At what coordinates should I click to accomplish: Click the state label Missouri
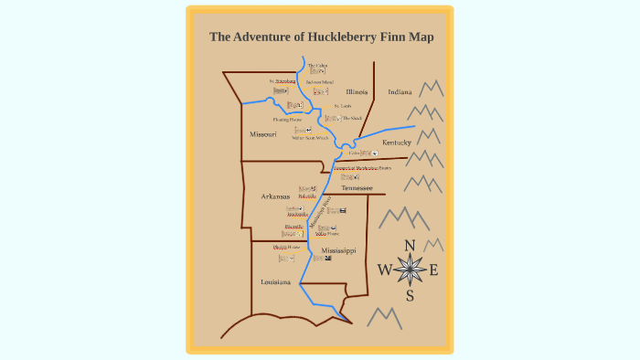click(262, 134)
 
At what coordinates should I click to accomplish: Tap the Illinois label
click(357, 92)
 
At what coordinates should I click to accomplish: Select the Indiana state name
click(400, 92)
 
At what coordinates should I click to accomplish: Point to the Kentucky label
click(397, 143)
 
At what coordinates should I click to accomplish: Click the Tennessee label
click(357, 187)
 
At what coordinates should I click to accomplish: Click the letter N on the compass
click(410, 245)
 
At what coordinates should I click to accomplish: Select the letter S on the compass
click(410, 295)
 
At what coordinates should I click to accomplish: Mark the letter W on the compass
click(384, 270)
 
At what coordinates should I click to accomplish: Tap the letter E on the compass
click(433, 270)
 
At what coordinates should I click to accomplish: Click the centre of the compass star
click(410, 270)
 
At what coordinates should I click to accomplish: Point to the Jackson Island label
click(320, 82)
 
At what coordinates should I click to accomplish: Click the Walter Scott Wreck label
click(310, 138)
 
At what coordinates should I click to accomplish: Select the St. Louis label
click(342, 106)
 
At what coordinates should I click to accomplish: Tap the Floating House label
click(287, 120)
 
